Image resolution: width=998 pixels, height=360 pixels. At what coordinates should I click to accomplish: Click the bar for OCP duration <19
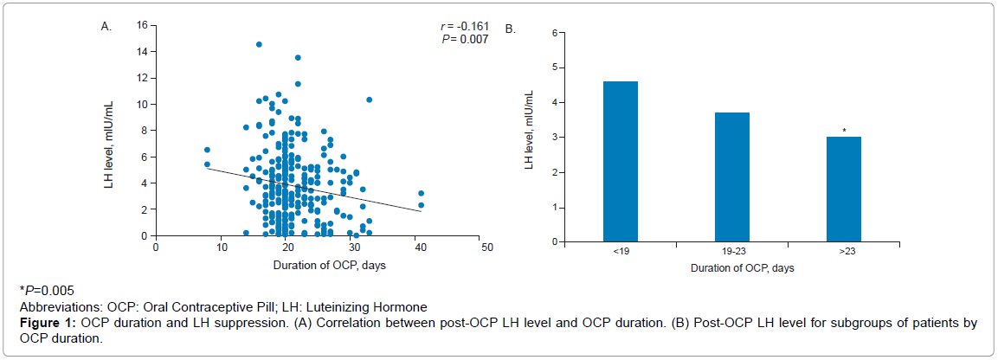coord(620,161)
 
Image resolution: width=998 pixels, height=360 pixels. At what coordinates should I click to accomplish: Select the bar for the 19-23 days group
coord(731,177)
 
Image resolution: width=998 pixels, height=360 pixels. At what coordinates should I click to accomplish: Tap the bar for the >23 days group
coord(843,189)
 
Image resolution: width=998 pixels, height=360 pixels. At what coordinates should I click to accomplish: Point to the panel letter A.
coord(106,27)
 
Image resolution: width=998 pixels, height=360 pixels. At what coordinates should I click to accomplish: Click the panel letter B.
coord(511,29)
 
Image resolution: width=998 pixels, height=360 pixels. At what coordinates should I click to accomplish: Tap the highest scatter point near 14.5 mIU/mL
coord(259,44)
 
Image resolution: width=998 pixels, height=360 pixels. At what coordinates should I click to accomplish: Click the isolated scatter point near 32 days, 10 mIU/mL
coord(369,100)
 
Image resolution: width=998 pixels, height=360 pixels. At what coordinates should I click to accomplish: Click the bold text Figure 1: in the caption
coord(48,324)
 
